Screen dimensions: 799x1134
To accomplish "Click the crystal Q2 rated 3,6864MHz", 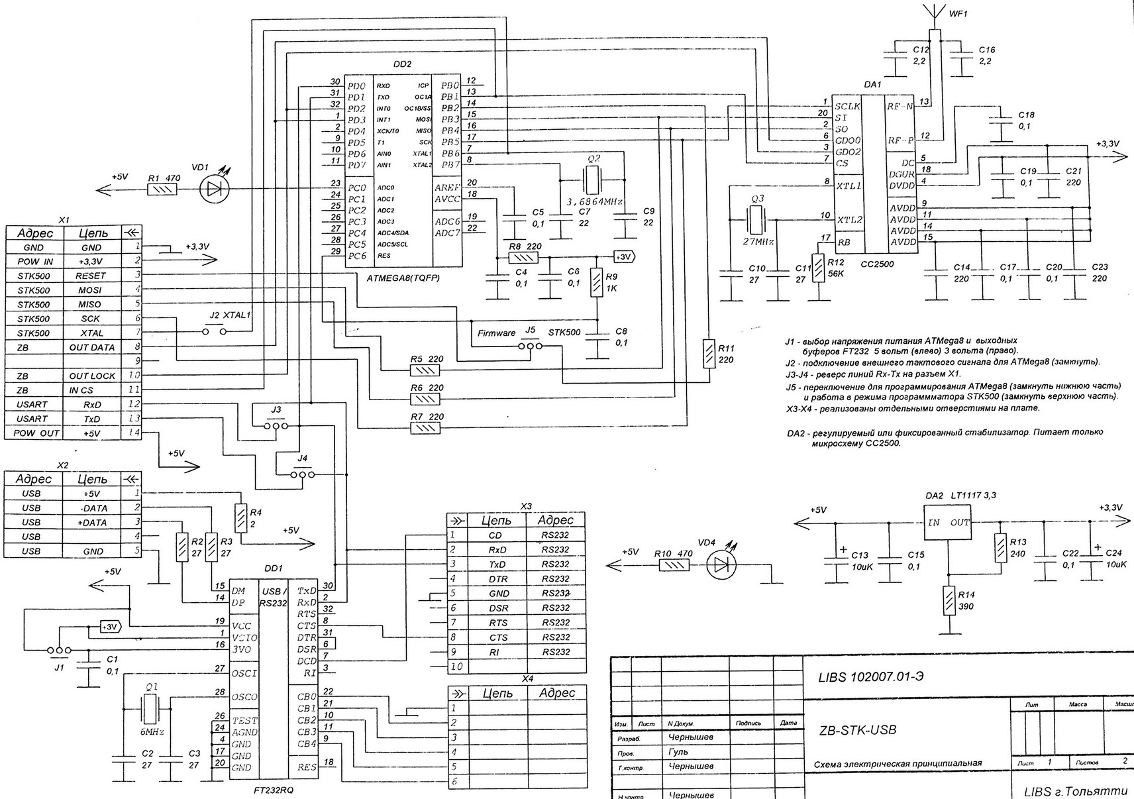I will point(592,178).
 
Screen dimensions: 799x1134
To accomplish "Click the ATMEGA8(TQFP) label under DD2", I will point(403,278).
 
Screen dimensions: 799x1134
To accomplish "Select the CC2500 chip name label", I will point(878,264).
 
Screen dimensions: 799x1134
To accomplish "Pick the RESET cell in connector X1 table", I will point(91,276).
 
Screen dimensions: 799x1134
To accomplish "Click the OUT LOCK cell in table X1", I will point(92,376).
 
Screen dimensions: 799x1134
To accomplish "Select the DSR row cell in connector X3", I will point(497,608).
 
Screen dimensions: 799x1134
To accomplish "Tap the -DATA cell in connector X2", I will point(92,508).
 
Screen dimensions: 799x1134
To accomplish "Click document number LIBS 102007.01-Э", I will point(874,676).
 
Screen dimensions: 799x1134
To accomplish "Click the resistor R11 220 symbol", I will point(709,353).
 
